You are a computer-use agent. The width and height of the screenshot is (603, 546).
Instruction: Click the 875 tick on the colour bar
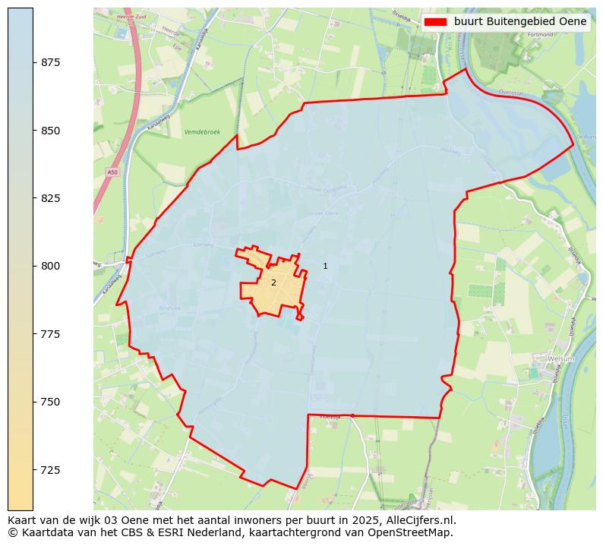(x=33, y=62)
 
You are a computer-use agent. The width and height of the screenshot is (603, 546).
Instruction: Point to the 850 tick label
(x=51, y=131)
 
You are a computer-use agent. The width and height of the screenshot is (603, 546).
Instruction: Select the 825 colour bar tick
(x=33, y=198)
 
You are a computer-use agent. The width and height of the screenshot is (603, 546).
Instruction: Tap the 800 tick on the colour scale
(x=33, y=266)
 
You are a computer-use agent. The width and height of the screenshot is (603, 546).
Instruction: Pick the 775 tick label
(x=51, y=334)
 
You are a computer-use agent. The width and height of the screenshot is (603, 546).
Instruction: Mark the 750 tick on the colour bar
(x=33, y=402)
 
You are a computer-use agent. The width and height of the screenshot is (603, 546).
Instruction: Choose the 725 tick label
(x=51, y=470)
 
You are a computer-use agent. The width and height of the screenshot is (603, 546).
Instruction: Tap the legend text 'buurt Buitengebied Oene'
(x=519, y=22)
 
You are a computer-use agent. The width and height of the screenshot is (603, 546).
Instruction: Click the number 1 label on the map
(x=325, y=266)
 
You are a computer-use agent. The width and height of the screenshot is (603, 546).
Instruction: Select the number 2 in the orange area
(x=273, y=282)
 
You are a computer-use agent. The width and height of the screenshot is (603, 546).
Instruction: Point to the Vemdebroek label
(x=202, y=132)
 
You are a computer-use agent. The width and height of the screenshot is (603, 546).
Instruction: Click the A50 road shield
(x=112, y=172)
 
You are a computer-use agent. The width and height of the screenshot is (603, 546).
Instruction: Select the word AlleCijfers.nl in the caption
(x=421, y=520)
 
